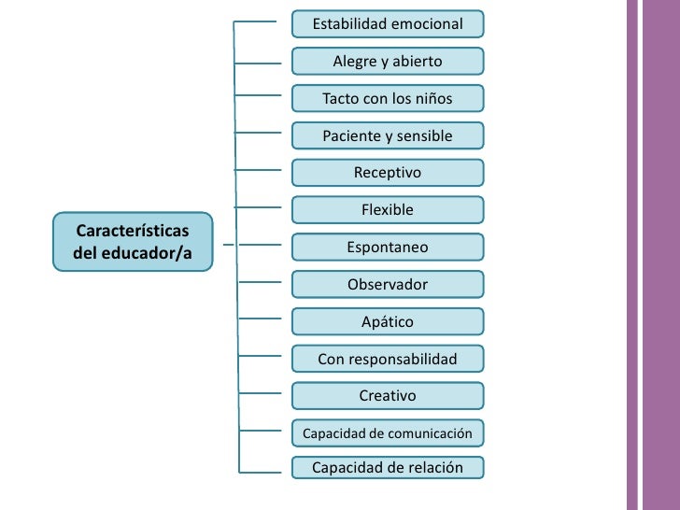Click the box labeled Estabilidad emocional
tap(388, 23)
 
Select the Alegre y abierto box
tap(388, 62)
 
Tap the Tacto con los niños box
tap(388, 98)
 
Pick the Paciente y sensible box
tap(388, 135)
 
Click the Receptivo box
tap(388, 173)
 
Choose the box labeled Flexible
tap(388, 210)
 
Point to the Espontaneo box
tap(388, 248)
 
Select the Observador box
tap(388, 284)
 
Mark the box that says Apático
tap(388, 321)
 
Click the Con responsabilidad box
tap(388, 359)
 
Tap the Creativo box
tap(388, 396)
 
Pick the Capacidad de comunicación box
tap(388, 433)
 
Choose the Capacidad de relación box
tap(388, 467)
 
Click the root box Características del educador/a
tap(133, 241)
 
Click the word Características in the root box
tap(133, 230)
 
